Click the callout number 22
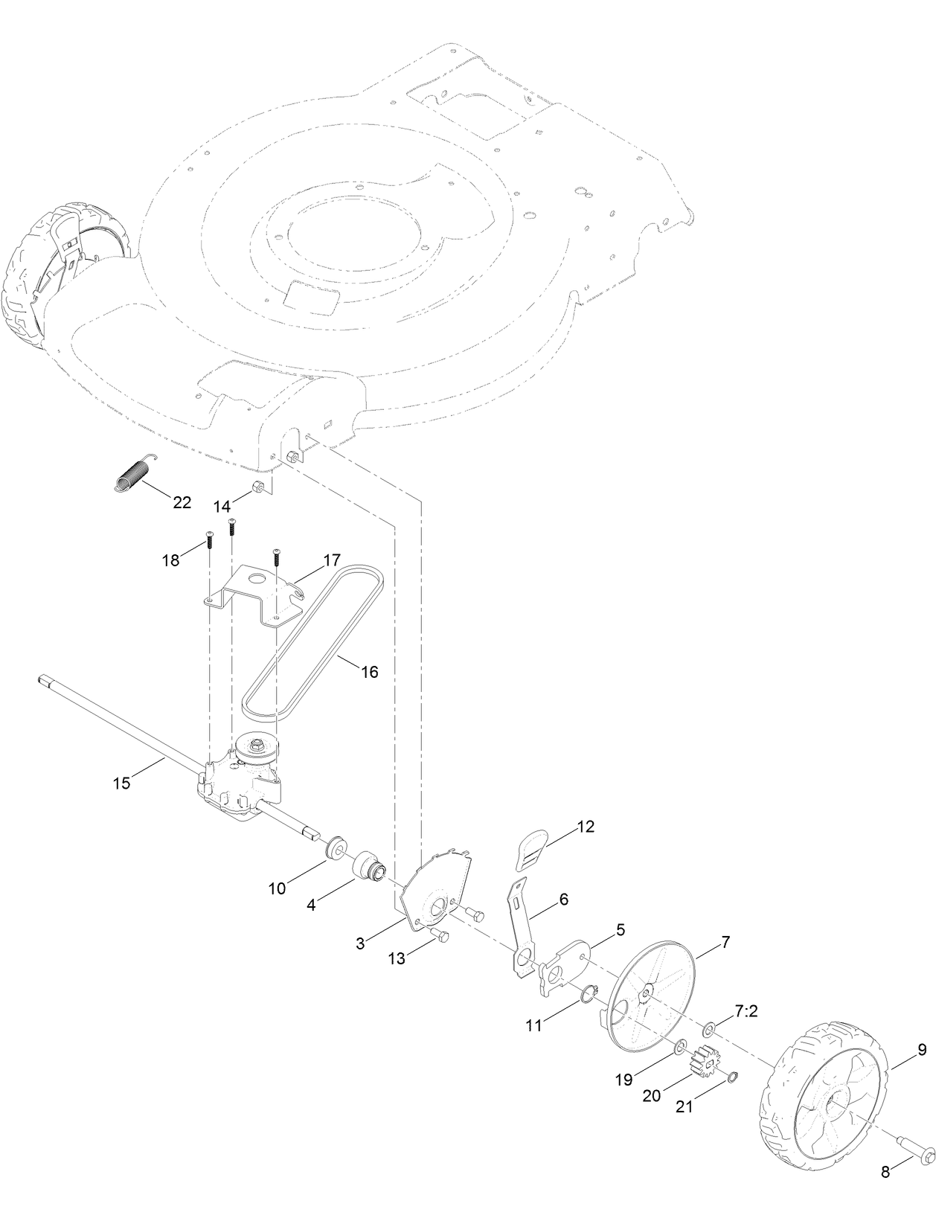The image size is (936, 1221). (x=182, y=502)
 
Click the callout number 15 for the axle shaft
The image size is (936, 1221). (x=121, y=783)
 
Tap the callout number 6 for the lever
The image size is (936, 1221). (x=563, y=900)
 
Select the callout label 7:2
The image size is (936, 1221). (x=725, y=1013)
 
